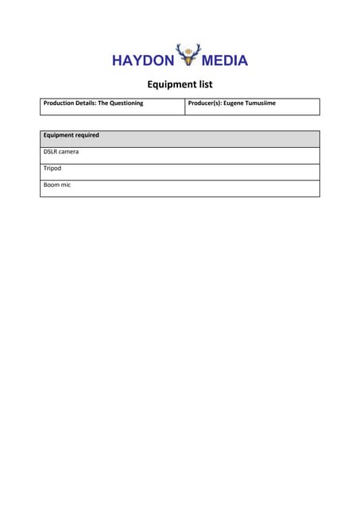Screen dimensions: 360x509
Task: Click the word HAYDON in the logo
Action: point(143,60)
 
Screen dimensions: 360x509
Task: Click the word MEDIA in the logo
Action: point(225,60)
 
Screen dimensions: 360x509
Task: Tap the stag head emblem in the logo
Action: point(188,55)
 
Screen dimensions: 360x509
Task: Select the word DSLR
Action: point(51,152)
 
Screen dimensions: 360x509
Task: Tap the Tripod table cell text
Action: point(52,169)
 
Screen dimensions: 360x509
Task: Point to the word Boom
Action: point(52,185)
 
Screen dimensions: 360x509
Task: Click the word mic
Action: point(67,185)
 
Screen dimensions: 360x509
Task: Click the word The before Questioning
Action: point(103,103)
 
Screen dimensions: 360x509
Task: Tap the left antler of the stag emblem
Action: point(180,49)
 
